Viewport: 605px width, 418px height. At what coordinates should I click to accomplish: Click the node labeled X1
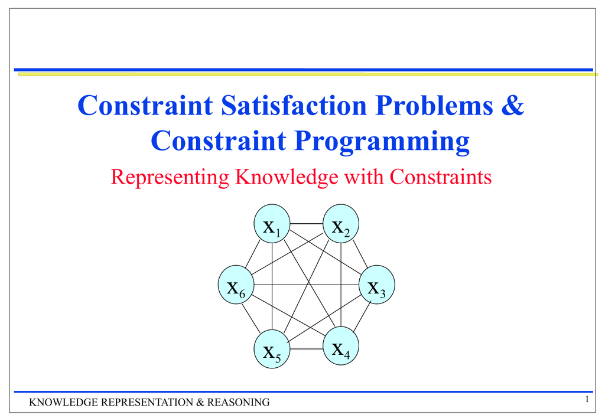(272, 224)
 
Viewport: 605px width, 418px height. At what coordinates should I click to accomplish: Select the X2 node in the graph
(341, 224)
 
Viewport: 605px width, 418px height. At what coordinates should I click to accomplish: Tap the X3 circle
(376, 285)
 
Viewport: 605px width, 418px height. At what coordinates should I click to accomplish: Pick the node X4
(341, 346)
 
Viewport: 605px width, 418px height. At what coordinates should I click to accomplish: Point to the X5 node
(272, 349)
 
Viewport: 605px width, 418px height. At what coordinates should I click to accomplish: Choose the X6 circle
(236, 285)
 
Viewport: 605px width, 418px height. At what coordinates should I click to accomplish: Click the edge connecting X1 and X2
(307, 224)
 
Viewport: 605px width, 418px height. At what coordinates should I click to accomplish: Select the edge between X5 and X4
(307, 349)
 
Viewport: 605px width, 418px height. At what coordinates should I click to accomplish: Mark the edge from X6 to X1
(253, 254)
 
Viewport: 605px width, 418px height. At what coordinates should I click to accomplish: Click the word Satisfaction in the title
(294, 105)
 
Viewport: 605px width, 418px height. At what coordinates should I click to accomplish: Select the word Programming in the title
(382, 141)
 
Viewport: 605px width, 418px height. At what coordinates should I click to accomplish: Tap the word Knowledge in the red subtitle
(287, 177)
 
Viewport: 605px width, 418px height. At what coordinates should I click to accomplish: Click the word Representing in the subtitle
(170, 177)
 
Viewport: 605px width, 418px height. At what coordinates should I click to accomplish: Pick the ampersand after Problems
(513, 105)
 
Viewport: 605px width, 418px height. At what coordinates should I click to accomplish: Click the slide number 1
(587, 399)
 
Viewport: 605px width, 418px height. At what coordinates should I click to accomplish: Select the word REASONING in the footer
(238, 402)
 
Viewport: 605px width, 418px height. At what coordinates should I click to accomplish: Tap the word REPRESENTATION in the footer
(147, 402)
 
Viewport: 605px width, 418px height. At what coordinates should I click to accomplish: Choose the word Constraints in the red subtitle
(440, 177)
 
